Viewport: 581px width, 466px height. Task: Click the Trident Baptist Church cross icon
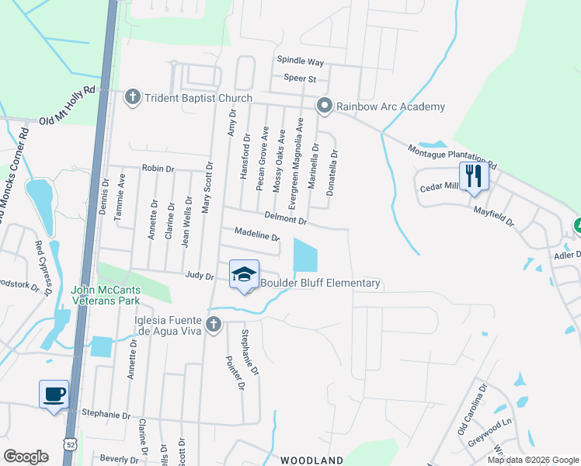[x=132, y=97]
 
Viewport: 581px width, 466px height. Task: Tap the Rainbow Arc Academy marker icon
[x=323, y=106]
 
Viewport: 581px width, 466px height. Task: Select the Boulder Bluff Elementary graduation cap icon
[x=244, y=274]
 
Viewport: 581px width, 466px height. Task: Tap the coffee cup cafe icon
[x=54, y=393]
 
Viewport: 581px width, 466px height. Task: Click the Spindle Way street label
[x=300, y=61]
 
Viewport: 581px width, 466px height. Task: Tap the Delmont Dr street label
[x=287, y=221]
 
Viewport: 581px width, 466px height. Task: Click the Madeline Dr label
[x=256, y=234]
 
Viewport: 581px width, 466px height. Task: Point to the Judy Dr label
[x=199, y=275]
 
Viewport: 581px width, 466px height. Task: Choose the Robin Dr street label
[x=158, y=168]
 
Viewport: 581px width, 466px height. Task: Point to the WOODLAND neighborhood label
[x=311, y=461]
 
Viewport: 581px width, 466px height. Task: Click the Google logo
[x=26, y=457]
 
